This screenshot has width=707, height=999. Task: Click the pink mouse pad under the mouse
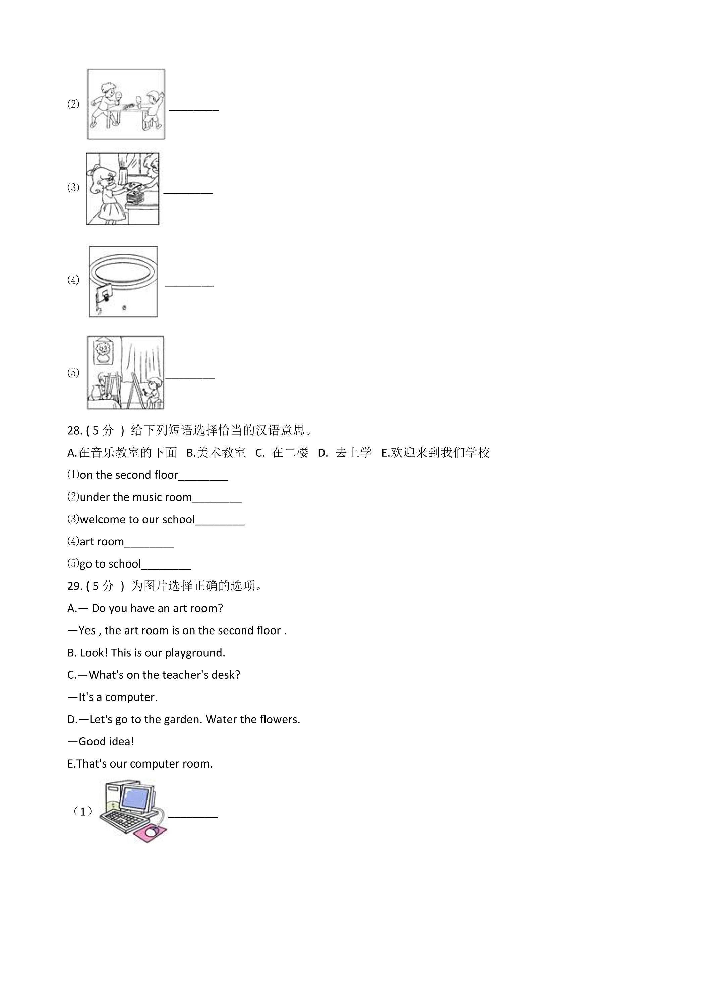pyautogui.click(x=151, y=832)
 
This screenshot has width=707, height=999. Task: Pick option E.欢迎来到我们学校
pyautogui.click(x=435, y=453)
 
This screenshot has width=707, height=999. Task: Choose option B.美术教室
pyautogui.click(x=216, y=453)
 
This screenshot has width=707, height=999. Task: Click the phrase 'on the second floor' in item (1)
pyautogui.click(x=129, y=475)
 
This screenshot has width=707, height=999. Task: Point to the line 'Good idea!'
pyautogui.click(x=101, y=741)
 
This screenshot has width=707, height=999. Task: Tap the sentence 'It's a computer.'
pyautogui.click(x=112, y=697)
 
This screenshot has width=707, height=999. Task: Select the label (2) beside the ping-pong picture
pyautogui.click(x=73, y=104)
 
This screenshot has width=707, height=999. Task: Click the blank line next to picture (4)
pyautogui.click(x=189, y=285)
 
